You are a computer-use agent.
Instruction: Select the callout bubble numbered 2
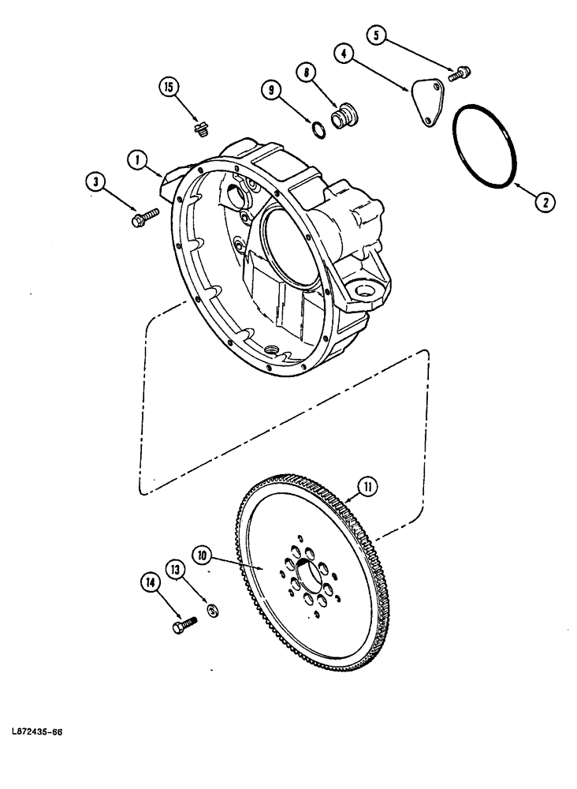click(544, 201)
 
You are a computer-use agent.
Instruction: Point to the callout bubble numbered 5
click(378, 36)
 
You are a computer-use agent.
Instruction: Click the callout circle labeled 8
click(305, 74)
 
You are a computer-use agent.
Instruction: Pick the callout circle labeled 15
click(167, 88)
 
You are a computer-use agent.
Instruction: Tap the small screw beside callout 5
click(460, 74)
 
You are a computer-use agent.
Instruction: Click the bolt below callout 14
click(183, 626)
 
